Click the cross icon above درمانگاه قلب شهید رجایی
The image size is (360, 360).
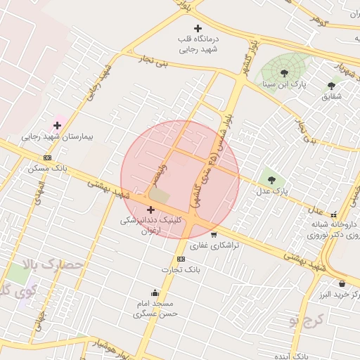tap(198, 28)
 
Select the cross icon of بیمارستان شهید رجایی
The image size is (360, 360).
tap(57, 125)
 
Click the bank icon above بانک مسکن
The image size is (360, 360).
tap(47, 157)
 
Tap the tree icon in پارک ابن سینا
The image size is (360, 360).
tap(284, 72)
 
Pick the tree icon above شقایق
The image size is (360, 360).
tap(331, 86)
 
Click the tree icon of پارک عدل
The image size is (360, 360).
tap(271, 180)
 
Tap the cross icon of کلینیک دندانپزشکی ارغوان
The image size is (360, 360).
tap(150, 209)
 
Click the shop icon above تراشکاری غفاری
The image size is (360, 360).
tap(213, 235)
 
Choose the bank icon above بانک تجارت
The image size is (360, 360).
tap(181, 259)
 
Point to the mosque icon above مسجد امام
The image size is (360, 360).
tap(155, 292)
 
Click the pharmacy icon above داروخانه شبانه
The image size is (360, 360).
tap(334, 214)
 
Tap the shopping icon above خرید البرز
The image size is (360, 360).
tap(342, 283)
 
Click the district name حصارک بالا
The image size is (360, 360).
tap(54, 266)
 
